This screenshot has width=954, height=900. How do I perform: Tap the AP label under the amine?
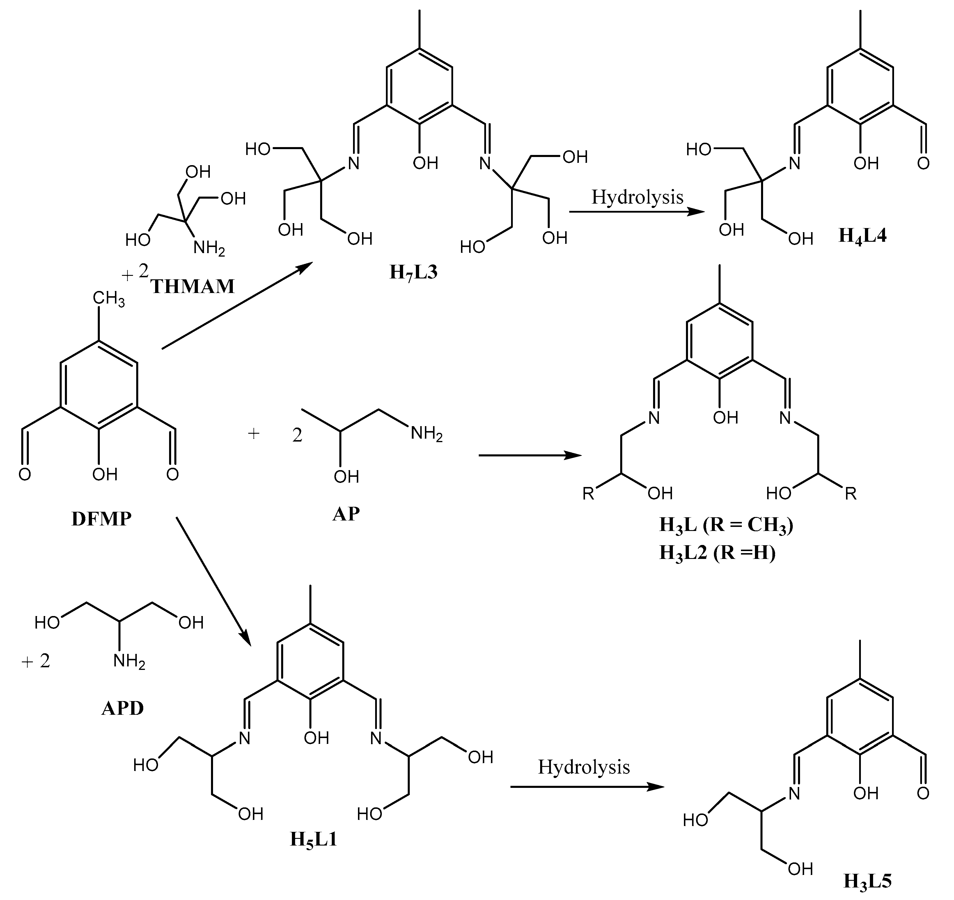pyautogui.click(x=346, y=514)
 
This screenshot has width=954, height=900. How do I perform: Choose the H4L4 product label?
pyautogui.click(x=862, y=236)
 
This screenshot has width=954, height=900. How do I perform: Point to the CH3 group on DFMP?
pyautogui.click(x=109, y=299)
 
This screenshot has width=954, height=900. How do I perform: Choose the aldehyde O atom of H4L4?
pyautogui.click(x=923, y=164)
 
